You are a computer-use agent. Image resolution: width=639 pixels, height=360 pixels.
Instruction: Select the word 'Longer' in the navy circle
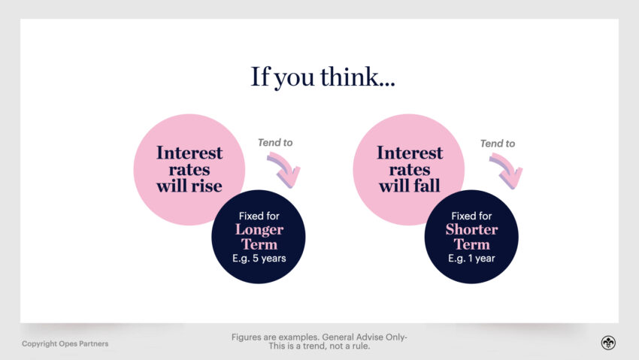click(x=259, y=229)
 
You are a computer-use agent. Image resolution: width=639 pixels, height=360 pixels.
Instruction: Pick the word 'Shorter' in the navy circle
click(x=471, y=229)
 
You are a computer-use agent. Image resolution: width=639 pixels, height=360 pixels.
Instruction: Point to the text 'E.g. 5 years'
click(x=259, y=259)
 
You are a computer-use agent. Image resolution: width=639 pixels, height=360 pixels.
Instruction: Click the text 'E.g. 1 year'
click(x=471, y=259)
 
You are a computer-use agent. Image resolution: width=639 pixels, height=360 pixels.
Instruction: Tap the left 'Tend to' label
click(x=275, y=143)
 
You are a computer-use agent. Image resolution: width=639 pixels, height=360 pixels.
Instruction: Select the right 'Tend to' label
click(x=498, y=143)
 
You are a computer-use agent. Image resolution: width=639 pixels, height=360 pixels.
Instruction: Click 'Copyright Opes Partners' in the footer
click(x=65, y=343)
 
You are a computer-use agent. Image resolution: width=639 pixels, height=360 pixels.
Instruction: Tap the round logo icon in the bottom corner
click(x=607, y=343)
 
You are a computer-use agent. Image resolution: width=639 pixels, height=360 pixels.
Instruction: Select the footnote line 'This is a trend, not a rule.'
click(x=319, y=346)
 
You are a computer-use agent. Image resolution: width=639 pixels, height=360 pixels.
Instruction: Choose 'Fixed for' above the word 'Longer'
click(x=259, y=216)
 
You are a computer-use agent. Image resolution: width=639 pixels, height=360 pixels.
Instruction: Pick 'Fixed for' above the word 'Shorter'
click(x=471, y=216)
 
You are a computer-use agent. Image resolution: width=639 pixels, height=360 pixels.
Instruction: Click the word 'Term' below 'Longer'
click(x=259, y=244)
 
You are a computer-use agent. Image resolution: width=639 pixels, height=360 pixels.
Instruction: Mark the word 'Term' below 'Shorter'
click(x=471, y=244)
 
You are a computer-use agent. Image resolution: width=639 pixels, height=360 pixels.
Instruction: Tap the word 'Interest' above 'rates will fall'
click(x=409, y=153)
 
